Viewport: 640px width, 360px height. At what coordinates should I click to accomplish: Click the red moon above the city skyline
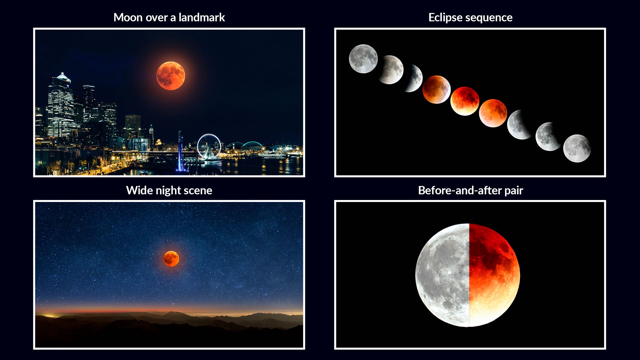171,76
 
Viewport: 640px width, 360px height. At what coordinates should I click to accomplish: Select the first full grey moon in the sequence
363,59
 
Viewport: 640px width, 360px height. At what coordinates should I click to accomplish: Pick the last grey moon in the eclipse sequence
577,148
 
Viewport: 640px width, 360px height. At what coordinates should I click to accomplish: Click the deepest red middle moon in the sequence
465,101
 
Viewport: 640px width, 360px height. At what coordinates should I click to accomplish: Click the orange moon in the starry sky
171,259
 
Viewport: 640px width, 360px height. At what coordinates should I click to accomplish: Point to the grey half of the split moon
443,275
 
